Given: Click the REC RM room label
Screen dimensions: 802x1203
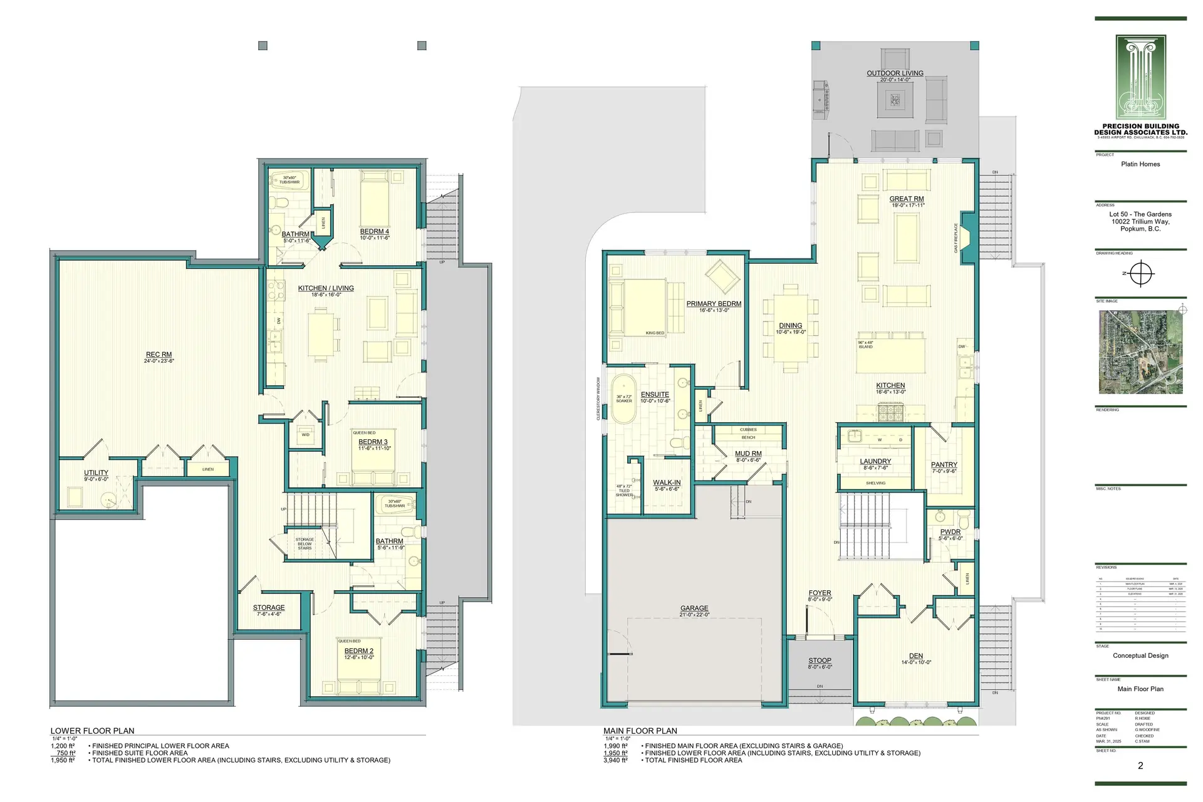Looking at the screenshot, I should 159,355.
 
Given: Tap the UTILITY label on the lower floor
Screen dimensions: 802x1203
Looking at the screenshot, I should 96,473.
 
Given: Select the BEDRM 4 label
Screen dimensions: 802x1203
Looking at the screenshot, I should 375,232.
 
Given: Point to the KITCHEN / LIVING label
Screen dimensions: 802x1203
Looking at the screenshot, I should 326,288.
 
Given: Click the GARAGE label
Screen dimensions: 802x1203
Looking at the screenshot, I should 694,608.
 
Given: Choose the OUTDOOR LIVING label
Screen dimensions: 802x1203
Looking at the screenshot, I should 895,73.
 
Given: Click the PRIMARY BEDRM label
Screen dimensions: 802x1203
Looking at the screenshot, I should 714,304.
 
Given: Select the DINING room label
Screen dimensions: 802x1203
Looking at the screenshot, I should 790,326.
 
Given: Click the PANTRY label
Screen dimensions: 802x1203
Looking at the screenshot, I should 944,465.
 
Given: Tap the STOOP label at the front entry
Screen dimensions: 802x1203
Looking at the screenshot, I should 820,660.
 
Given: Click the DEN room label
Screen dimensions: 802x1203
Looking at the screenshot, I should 915,656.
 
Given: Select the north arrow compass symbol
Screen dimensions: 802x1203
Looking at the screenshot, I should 1142,274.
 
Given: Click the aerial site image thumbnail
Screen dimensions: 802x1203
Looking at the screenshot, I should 1140,352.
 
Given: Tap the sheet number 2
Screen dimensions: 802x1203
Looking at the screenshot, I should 1140,766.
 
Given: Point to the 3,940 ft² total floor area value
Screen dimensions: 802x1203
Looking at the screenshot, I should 615,760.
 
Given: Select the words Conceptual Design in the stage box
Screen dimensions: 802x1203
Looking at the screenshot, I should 1140,655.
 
